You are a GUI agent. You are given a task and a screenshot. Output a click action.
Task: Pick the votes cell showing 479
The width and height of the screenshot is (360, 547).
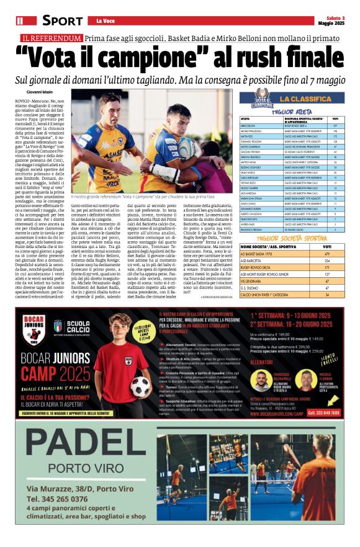pyautogui.click(x=327, y=254)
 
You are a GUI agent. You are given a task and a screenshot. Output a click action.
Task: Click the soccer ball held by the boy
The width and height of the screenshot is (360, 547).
pyautogui.click(x=141, y=385)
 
